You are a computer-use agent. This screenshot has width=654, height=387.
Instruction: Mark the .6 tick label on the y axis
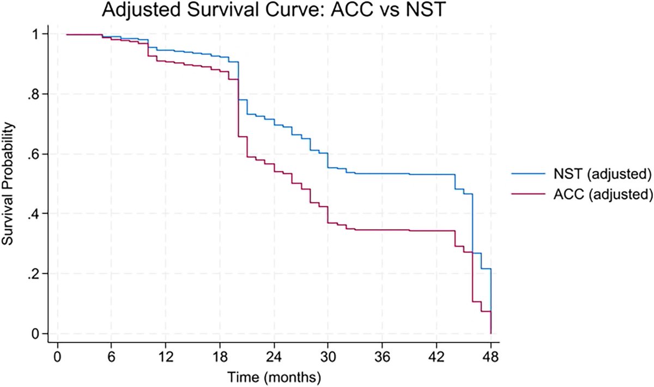click(x=37, y=154)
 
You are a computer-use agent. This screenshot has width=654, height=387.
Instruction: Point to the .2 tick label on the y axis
click(x=37, y=274)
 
